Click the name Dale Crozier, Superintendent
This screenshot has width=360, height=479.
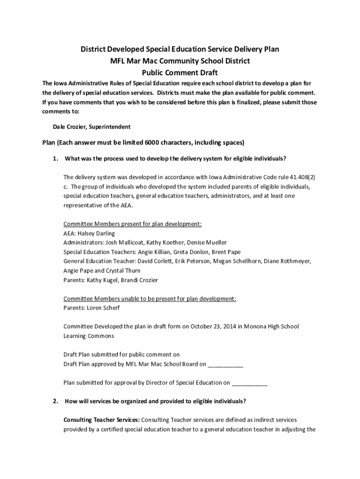(92, 127)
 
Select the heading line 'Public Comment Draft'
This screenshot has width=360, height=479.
(180, 73)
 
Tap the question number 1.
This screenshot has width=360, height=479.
(55, 159)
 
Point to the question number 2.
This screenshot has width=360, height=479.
(55, 401)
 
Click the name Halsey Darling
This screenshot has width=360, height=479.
(96, 233)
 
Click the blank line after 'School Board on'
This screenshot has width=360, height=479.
(225, 364)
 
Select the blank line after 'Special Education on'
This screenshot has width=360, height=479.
(250, 383)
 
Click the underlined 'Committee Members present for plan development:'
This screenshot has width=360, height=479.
(132, 224)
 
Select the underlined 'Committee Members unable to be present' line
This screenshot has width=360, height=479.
(150, 299)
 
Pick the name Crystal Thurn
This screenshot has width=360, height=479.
(123, 271)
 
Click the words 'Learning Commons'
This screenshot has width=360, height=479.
(88, 336)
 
